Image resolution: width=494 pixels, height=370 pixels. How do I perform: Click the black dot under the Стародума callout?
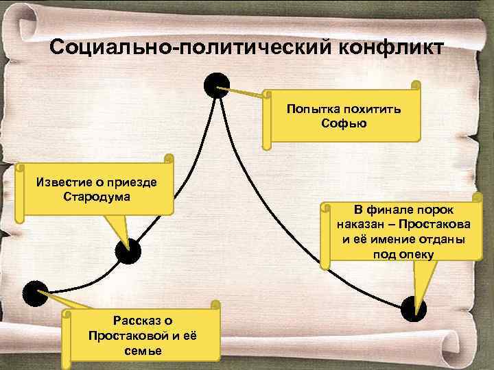128,252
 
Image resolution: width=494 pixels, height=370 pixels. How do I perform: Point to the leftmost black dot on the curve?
35,293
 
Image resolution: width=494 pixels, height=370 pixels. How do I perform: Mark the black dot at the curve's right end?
414,308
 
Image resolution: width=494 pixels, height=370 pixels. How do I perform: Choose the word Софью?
344,123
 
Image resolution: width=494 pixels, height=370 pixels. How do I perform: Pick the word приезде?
134,182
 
